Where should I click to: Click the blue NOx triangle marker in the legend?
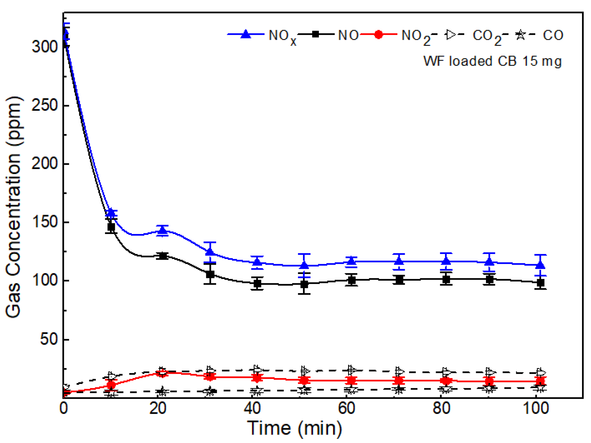pyautogui.click(x=246, y=34)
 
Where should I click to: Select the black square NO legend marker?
pyautogui.click(x=316, y=34)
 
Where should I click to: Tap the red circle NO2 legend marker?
pyautogui.click(x=378, y=35)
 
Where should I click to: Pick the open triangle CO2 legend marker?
pyautogui.click(x=451, y=35)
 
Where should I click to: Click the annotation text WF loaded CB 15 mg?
pyautogui.click(x=492, y=61)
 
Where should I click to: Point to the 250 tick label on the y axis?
pyautogui.click(x=45, y=105)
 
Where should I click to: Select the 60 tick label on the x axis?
pyautogui.click(x=347, y=408)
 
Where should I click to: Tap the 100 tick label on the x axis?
pyautogui.click(x=536, y=408)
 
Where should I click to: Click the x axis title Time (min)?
pyautogui.click(x=294, y=428)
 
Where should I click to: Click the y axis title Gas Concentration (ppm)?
pyautogui.click(x=14, y=206)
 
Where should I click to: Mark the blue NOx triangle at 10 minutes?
pyautogui.click(x=111, y=213)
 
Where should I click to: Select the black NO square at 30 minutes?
pyautogui.click(x=210, y=274)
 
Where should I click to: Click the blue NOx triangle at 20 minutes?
pyautogui.click(x=162, y=230)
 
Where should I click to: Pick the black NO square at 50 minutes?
pyautogui.click(x=304, y=284)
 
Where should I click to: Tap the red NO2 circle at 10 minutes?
pyautogui.click(x=111, y=385)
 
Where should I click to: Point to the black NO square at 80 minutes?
pyautogui.click(x=446, y=279)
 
